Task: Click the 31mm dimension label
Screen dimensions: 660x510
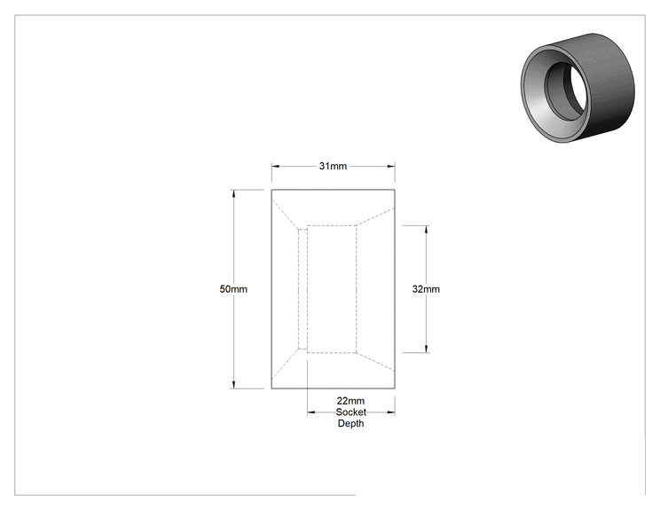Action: (x=333, y=166)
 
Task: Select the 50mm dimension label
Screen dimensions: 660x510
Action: (x=233, y=289)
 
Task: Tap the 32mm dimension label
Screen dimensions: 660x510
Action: (x=426, y=289)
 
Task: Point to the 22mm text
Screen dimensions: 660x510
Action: (x=350, y=401)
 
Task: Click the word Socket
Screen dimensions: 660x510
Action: (x=350, y=412)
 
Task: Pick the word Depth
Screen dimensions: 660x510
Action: (x=350, y=423)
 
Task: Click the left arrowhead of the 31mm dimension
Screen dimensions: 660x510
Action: (x=275, y=166)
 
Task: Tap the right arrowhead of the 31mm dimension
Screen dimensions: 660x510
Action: (x=391, y=166)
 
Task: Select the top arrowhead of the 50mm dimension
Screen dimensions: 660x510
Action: (x=233, y=193)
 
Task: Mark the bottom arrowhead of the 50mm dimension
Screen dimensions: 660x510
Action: (x=233, y=385)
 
